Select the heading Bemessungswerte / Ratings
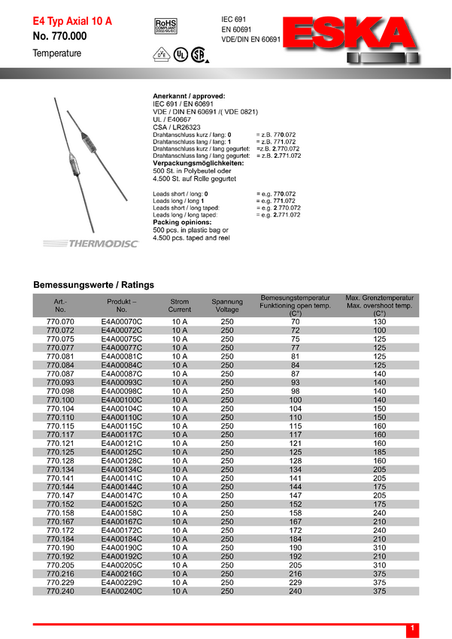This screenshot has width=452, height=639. pyautogui.click(x=93, y=285)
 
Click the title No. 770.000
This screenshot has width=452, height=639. pyautogui.click(x=60, y=37)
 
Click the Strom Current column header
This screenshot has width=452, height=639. pyautogui.click(x=179, y=305)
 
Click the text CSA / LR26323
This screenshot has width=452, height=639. pyautogui.click(x=175, y=127)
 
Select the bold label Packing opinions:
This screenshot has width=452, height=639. pyautogui.click(x=184, y=223)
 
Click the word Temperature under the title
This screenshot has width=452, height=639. pyautogui.click(x=56, y=53)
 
